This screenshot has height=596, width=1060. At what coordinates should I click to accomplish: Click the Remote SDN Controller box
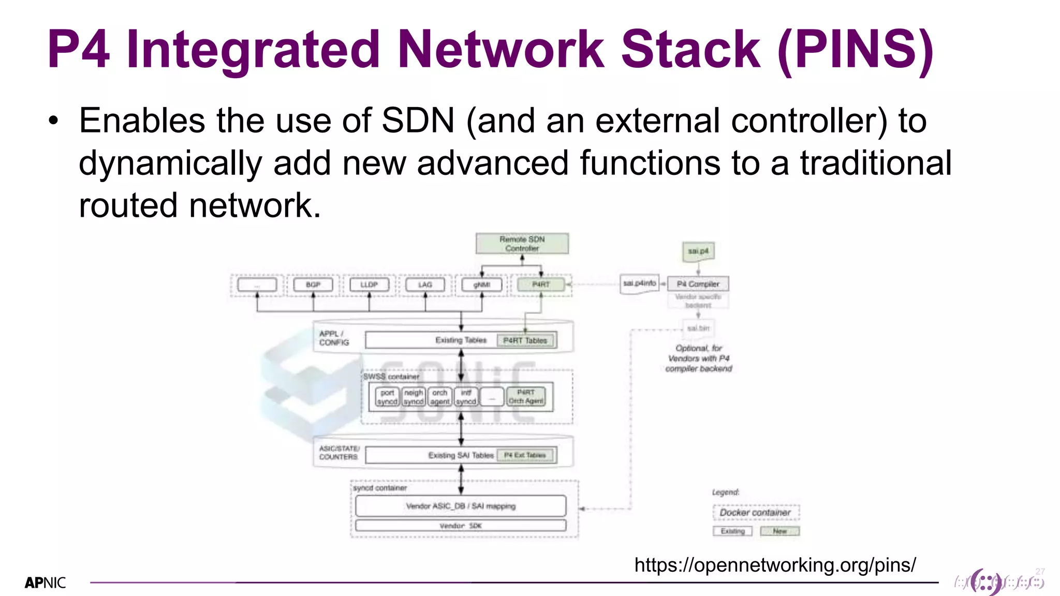point(522,244)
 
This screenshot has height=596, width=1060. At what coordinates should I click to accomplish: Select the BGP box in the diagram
point(313,285)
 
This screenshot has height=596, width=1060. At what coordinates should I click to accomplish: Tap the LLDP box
point(369,285)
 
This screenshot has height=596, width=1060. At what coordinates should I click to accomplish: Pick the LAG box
point(425,285)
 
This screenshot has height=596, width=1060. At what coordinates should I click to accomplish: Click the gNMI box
point(481,285)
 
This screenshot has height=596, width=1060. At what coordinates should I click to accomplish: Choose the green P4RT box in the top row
point(541,285)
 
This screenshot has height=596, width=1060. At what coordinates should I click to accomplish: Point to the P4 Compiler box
point(698,284)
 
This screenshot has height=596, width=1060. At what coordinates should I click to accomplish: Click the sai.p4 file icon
point(698,251)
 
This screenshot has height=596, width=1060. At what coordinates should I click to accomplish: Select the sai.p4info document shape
point(640,284)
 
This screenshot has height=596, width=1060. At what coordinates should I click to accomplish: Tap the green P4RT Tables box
point(525,340)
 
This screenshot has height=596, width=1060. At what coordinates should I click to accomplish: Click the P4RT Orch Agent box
point(526,397)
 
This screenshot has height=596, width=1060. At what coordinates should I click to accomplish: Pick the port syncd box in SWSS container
point(387,397)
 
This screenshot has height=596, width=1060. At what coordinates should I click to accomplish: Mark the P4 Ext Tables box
point(525,455)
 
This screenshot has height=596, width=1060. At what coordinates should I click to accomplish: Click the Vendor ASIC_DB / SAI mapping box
point(461,506)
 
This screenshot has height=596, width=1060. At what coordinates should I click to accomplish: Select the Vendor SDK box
point(461,526)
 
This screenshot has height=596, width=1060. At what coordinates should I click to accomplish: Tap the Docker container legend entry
point(756,512)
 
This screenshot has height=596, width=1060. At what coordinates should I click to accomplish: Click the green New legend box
point(779,531)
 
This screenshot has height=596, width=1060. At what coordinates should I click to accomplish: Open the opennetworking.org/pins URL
point(775,565)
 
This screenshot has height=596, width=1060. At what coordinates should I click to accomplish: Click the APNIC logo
point(46,583)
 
